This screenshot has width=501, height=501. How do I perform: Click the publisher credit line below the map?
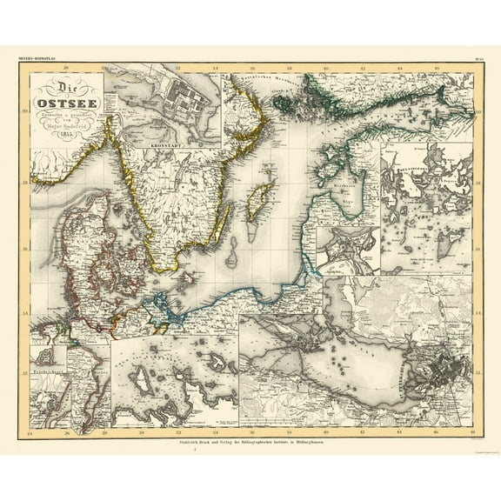pyautogui.click(x=250, y=443)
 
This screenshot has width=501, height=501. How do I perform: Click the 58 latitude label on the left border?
pyautogui.click(x=25, y=182)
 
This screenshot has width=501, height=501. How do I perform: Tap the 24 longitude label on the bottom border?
pyautogui.click(x=31, y=432)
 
